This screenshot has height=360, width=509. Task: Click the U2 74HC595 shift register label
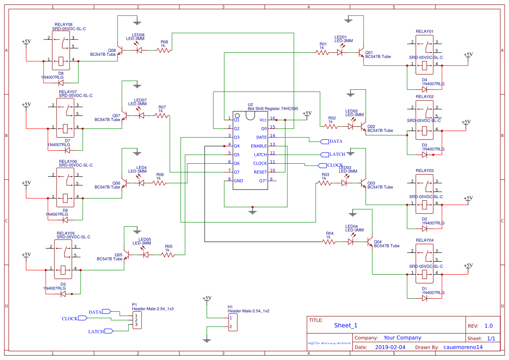[273, 108]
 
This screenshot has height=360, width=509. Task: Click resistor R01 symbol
[322, 52]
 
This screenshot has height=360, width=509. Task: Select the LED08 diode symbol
[139, 50]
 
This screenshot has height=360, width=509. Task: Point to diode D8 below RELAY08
[61, 83]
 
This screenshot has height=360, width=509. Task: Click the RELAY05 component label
[65, 233]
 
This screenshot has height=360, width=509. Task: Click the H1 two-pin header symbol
[233, 322]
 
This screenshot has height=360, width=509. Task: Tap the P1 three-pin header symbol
[137, 320]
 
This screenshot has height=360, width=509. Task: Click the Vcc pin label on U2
[263, 120]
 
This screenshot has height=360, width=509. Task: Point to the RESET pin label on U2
[260, 172]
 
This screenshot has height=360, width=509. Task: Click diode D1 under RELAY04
[425, 298]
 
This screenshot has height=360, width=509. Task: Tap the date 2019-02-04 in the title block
[390, 347]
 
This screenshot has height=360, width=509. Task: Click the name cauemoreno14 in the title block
[463, 347]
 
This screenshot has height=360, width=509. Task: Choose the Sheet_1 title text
[346, 325]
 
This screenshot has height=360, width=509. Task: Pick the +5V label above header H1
[207, 298]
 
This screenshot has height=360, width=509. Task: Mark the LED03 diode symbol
[344, 183]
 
